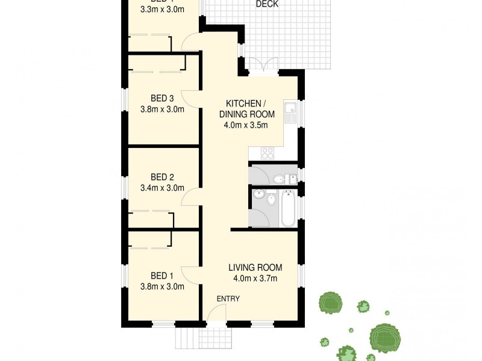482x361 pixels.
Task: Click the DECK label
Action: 267,4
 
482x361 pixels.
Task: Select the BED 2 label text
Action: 162,177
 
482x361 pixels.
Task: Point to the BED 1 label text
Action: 162,276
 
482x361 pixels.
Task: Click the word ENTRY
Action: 228,299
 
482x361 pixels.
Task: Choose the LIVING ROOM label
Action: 255,268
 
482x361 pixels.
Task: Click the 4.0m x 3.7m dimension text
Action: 255,279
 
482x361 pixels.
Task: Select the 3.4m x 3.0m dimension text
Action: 162,188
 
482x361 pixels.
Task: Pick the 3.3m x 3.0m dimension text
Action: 162,10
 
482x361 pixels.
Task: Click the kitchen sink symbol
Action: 290,113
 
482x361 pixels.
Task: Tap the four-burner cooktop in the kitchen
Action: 267,153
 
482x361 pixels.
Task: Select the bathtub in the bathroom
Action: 289,208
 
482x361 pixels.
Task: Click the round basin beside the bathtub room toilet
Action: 259,194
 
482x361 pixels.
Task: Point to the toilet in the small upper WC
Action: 279,179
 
